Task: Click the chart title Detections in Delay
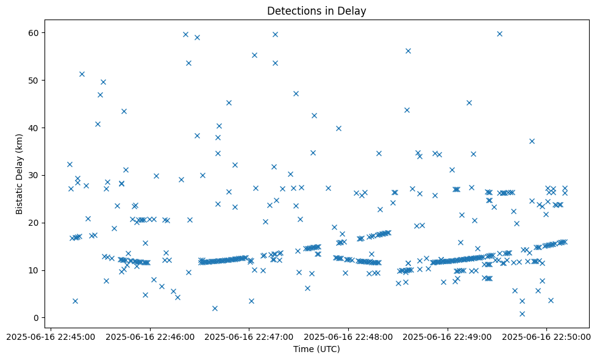[x=316, y=10]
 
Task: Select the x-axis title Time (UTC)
[x=316, y=349]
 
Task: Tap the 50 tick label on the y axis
[x=38, y=80]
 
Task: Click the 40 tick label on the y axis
[x=38, y=128]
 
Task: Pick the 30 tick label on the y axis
[x=38, y=175]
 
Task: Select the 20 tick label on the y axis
[x=38, y=223]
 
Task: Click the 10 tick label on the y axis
[x=38, y=270]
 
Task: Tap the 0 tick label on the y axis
[x=41, y=318]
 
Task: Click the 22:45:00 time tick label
[x=51, y=336]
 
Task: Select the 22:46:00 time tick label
[x=150, y=336]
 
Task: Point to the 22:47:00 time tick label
[x=249, y=336]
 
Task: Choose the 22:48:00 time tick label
[x=349, y=336]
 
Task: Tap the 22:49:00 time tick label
[x=448, y=336]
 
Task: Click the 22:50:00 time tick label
[x=546, y=336]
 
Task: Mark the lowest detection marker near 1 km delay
[x=522, y=314]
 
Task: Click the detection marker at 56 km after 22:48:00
[x=408, y=51]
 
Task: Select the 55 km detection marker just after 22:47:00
[x=254, y=55]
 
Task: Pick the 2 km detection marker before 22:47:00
[x=215, y=308]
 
